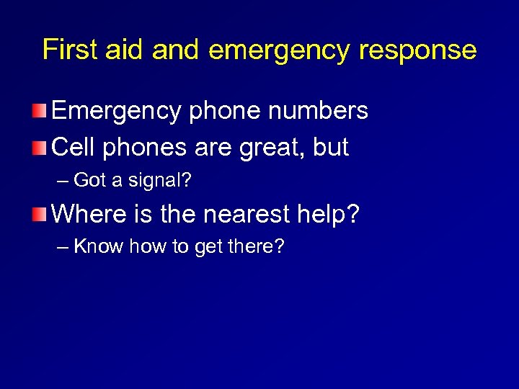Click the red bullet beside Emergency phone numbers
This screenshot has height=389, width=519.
pyautogui.click(x=41, y=112)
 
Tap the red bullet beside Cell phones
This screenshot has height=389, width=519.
pyautogui.click(x=41, y=148)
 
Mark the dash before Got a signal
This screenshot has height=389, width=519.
pyautogui.click(x=63, y=181)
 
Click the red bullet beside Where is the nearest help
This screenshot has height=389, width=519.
pyautogui.click(x=41, y=214)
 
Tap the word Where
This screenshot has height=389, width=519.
pyautogui.click(x=91, y=214)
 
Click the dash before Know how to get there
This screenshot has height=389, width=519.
pyautogui.click(x=63, y=247)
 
